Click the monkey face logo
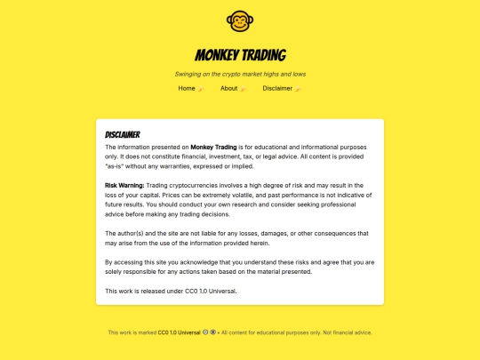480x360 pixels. click(x=240, y=20)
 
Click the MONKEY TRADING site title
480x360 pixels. click(x=240, y=55)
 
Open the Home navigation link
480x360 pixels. click(x=187, y=89)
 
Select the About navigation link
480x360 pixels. click(x=229, y=89)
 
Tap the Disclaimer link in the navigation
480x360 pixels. click(x=277, y=89)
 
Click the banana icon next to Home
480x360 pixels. click(x=201, y=89)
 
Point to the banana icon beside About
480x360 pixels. click(x=243, y=89)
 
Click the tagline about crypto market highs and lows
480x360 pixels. click(x=240, y=74)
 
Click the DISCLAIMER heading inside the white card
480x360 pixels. click(x=123, y=134)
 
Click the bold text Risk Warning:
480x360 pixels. click(x=124, y=185)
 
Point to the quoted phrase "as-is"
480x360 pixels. click(x=116, y=166)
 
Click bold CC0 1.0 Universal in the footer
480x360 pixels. click(x=180, y=332)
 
